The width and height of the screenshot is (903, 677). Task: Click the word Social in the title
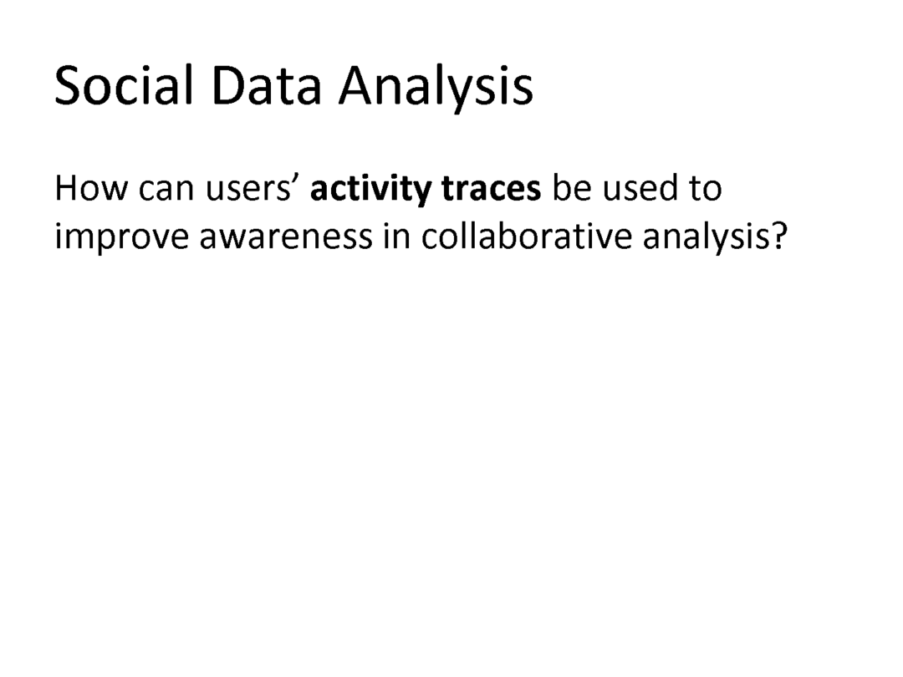click(123, 85)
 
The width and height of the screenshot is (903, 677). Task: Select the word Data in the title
click(266, 85)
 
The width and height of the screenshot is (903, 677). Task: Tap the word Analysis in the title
click(436, 88)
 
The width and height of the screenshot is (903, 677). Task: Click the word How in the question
click(91, 188)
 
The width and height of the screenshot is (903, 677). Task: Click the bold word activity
click(371, 190)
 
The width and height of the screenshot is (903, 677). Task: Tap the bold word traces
click(492, 191)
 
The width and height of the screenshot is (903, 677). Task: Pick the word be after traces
click(572, 188)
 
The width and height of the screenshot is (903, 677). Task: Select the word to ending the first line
click(705, 190)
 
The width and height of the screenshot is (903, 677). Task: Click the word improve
click(122, 237)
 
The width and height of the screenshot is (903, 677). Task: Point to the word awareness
click(286, 240)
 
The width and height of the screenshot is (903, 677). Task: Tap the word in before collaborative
click(397, 237)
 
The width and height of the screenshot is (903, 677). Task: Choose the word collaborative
click(527, 237)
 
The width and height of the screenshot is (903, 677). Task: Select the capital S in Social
click(67, 86)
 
